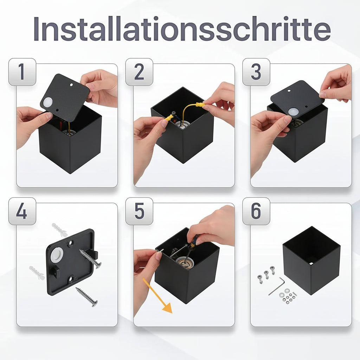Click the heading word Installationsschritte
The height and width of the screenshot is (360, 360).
[x=182, y=29]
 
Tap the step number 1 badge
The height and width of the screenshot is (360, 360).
[x=22, y=72]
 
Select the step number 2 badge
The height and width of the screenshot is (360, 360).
[x=139, y=72]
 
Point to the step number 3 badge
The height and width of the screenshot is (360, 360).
[x=256, y=72]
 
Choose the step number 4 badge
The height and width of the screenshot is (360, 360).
[x=22, y=211]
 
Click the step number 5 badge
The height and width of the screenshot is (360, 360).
[x=139, y=211]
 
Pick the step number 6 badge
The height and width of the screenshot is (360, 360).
[x=256, y=211]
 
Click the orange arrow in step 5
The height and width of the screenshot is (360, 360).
[x=157, y=296]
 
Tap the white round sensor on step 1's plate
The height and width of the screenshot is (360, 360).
[x=48, y=102]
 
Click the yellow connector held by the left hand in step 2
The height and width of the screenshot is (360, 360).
[x=169, y=118]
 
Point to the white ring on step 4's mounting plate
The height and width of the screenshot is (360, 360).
[x=57, y=255]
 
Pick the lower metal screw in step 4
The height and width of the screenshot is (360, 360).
[x=87, y=297]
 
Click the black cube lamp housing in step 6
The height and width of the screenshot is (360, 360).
[x=311, y=261]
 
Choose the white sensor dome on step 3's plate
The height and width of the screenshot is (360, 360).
[x=292, y=112]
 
